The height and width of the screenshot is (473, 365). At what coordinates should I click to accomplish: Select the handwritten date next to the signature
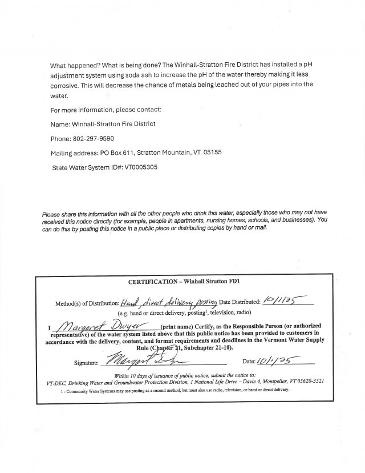279,361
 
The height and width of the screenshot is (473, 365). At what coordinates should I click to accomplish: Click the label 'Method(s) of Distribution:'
87,303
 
